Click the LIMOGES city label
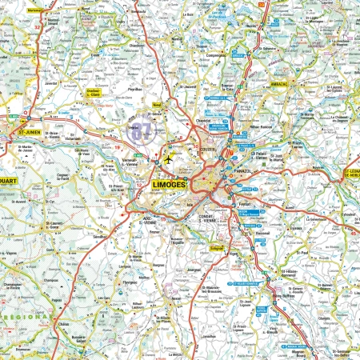168,185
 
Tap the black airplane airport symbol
169,159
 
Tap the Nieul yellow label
157,105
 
